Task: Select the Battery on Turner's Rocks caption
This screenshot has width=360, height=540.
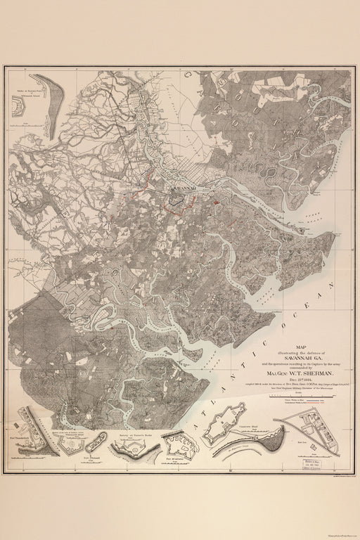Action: pos(126,436)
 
